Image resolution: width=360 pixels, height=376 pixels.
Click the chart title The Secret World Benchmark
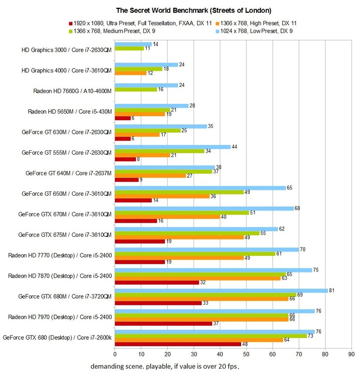click(180, 10)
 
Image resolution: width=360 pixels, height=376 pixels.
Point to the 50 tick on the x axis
click(246, 355)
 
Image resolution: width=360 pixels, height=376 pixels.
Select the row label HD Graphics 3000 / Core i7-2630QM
click(67, 49)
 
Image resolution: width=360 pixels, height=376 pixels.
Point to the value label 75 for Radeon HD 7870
click(316, 270)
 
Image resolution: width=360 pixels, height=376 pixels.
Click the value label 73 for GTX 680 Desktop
click(310, 336)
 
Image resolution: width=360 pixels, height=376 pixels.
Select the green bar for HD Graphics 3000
click(129, 49)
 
